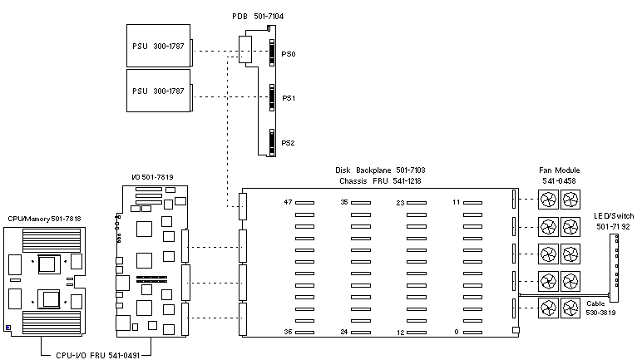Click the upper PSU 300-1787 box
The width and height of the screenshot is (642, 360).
(x=159, y=46)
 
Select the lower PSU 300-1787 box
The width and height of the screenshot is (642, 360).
(x=159, y=91)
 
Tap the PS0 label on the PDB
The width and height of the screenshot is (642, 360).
(x=289, y=54)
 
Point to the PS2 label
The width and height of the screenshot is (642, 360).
(x=288, y=143)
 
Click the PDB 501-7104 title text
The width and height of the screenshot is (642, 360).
(x=258, y=17)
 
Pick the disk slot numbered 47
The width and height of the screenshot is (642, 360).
(x=304, y=202)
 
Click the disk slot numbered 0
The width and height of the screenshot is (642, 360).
(x=472, y=333)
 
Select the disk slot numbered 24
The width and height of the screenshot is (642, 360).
(x=361, y=333)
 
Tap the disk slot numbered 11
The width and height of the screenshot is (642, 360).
(x=472, y=202)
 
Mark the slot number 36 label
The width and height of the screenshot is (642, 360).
(x=289, y=332)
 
